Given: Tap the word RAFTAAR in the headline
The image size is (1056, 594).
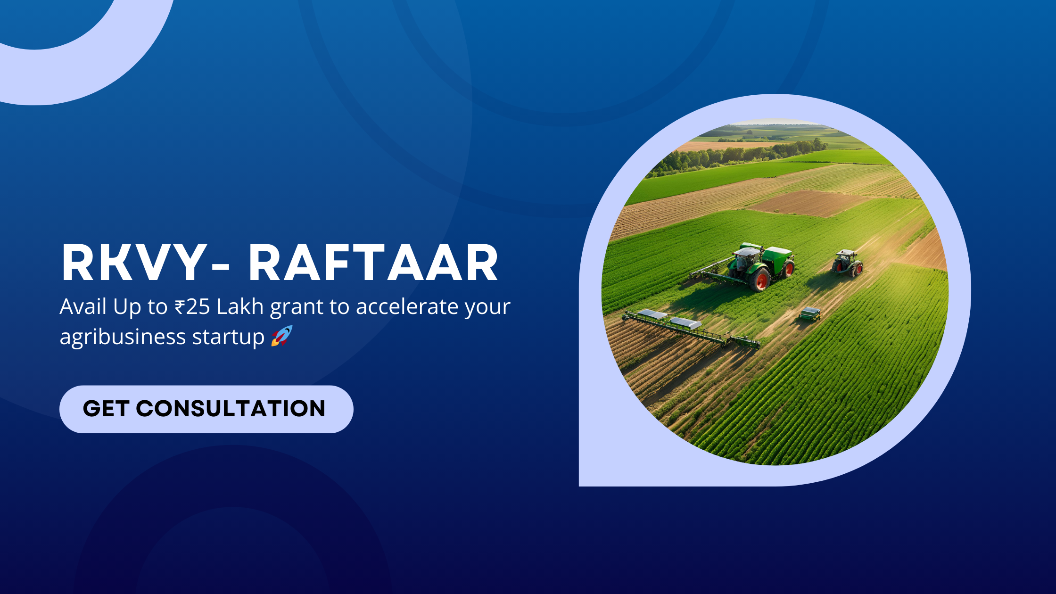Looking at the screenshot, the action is (x=373, y=263).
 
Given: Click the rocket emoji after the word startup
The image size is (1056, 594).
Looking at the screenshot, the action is (x=282, y=336).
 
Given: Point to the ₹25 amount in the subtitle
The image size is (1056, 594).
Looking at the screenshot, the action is (x=192, y=307).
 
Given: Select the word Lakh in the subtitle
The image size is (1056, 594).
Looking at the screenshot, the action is (x=240, y=306).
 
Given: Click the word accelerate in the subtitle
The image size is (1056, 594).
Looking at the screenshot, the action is (x=407, y=307).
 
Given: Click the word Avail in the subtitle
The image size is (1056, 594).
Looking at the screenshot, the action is (x=83, y=306).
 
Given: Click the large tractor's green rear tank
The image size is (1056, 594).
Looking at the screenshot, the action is (x=776, y=256).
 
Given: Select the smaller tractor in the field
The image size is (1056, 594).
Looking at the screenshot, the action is (x=847, y=263).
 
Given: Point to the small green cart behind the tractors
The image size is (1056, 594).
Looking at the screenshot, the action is (x=809, y=313).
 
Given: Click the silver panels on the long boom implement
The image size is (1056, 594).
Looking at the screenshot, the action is (x=669, y=319).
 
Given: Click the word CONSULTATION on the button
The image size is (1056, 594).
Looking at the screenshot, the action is (x=231, y=409).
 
